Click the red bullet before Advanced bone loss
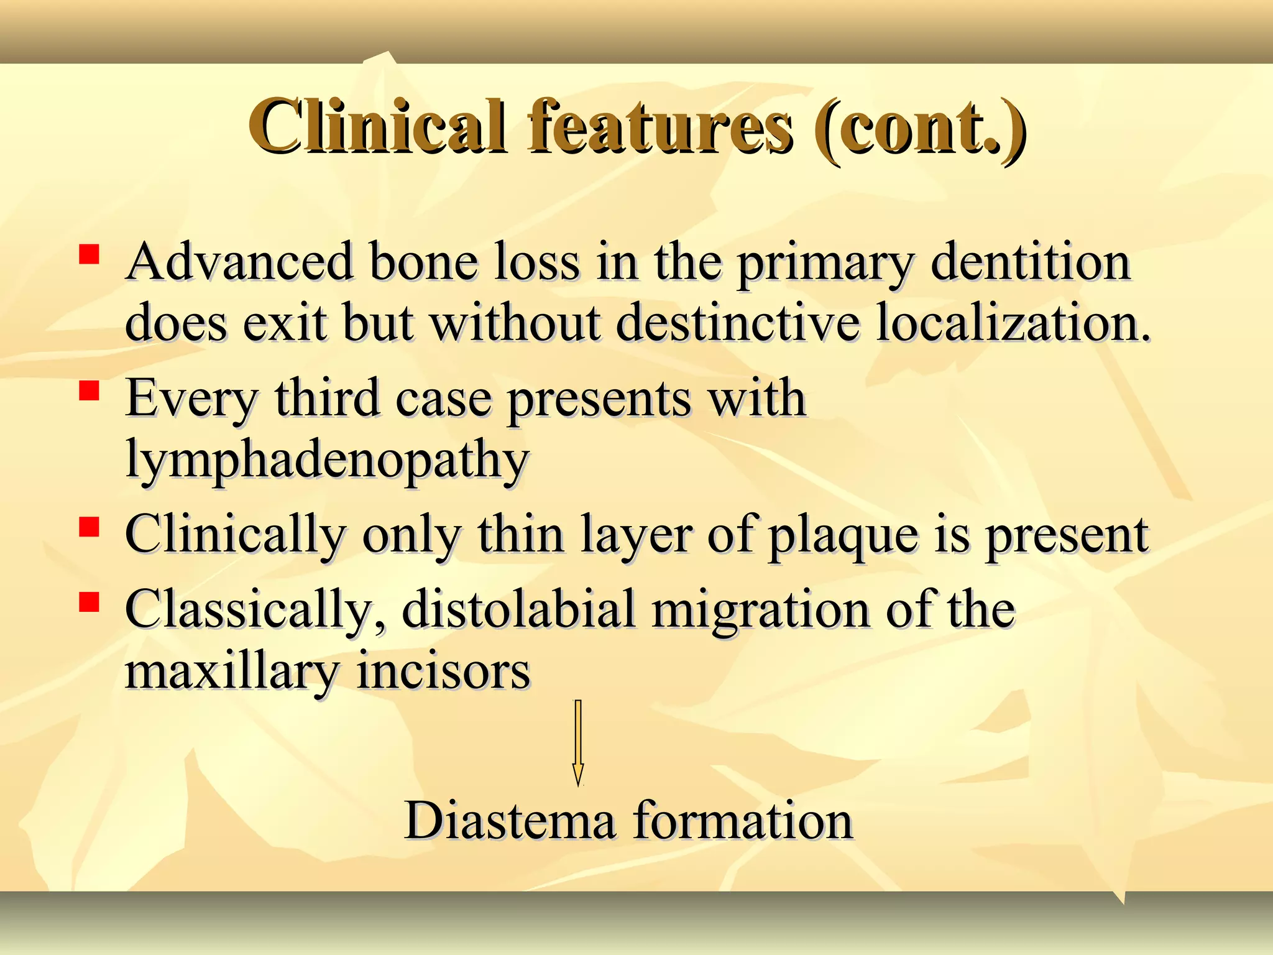pos(90,255)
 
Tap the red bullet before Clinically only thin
pos(90,527)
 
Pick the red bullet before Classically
pos(90,602)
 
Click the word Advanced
pos(239,262)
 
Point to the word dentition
pos(1030,262)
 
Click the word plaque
pos(843,536)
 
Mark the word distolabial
pos(518,609)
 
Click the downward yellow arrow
pos(578,743)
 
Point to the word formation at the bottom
pos(743,821)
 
